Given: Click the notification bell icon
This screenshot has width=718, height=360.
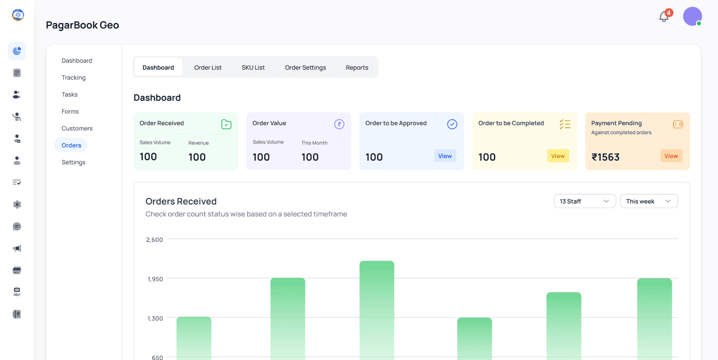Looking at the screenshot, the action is point(664,16).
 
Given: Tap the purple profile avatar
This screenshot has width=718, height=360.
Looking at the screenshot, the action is point(692,16).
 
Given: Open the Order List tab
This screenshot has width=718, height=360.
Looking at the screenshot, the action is point(208,67).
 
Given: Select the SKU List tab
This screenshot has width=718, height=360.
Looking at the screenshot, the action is point(253,67).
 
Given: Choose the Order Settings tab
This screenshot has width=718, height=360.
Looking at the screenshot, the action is point(305,67).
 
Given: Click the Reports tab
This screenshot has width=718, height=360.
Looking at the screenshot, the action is point(357,67).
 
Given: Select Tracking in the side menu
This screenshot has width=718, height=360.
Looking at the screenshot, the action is point(73,77).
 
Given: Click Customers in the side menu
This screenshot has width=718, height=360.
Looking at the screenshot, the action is point(77,128).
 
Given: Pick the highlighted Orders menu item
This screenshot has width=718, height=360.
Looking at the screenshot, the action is point(71,145).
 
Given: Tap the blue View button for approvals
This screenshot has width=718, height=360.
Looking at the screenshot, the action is point(445,156).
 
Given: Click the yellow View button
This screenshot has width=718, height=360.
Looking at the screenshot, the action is point(558,156).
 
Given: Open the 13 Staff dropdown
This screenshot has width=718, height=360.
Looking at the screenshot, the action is point(585,201).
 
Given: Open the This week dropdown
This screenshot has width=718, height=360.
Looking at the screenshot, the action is point(649,201).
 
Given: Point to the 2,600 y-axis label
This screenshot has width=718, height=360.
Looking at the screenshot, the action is point(154,240).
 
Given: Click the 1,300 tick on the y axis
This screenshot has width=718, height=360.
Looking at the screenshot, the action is point(155,318).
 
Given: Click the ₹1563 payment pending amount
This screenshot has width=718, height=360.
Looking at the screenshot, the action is point(605,157).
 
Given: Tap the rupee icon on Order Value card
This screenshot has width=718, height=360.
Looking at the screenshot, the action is point(339,124).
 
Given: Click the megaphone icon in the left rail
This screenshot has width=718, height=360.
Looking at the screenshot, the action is point(17,249).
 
